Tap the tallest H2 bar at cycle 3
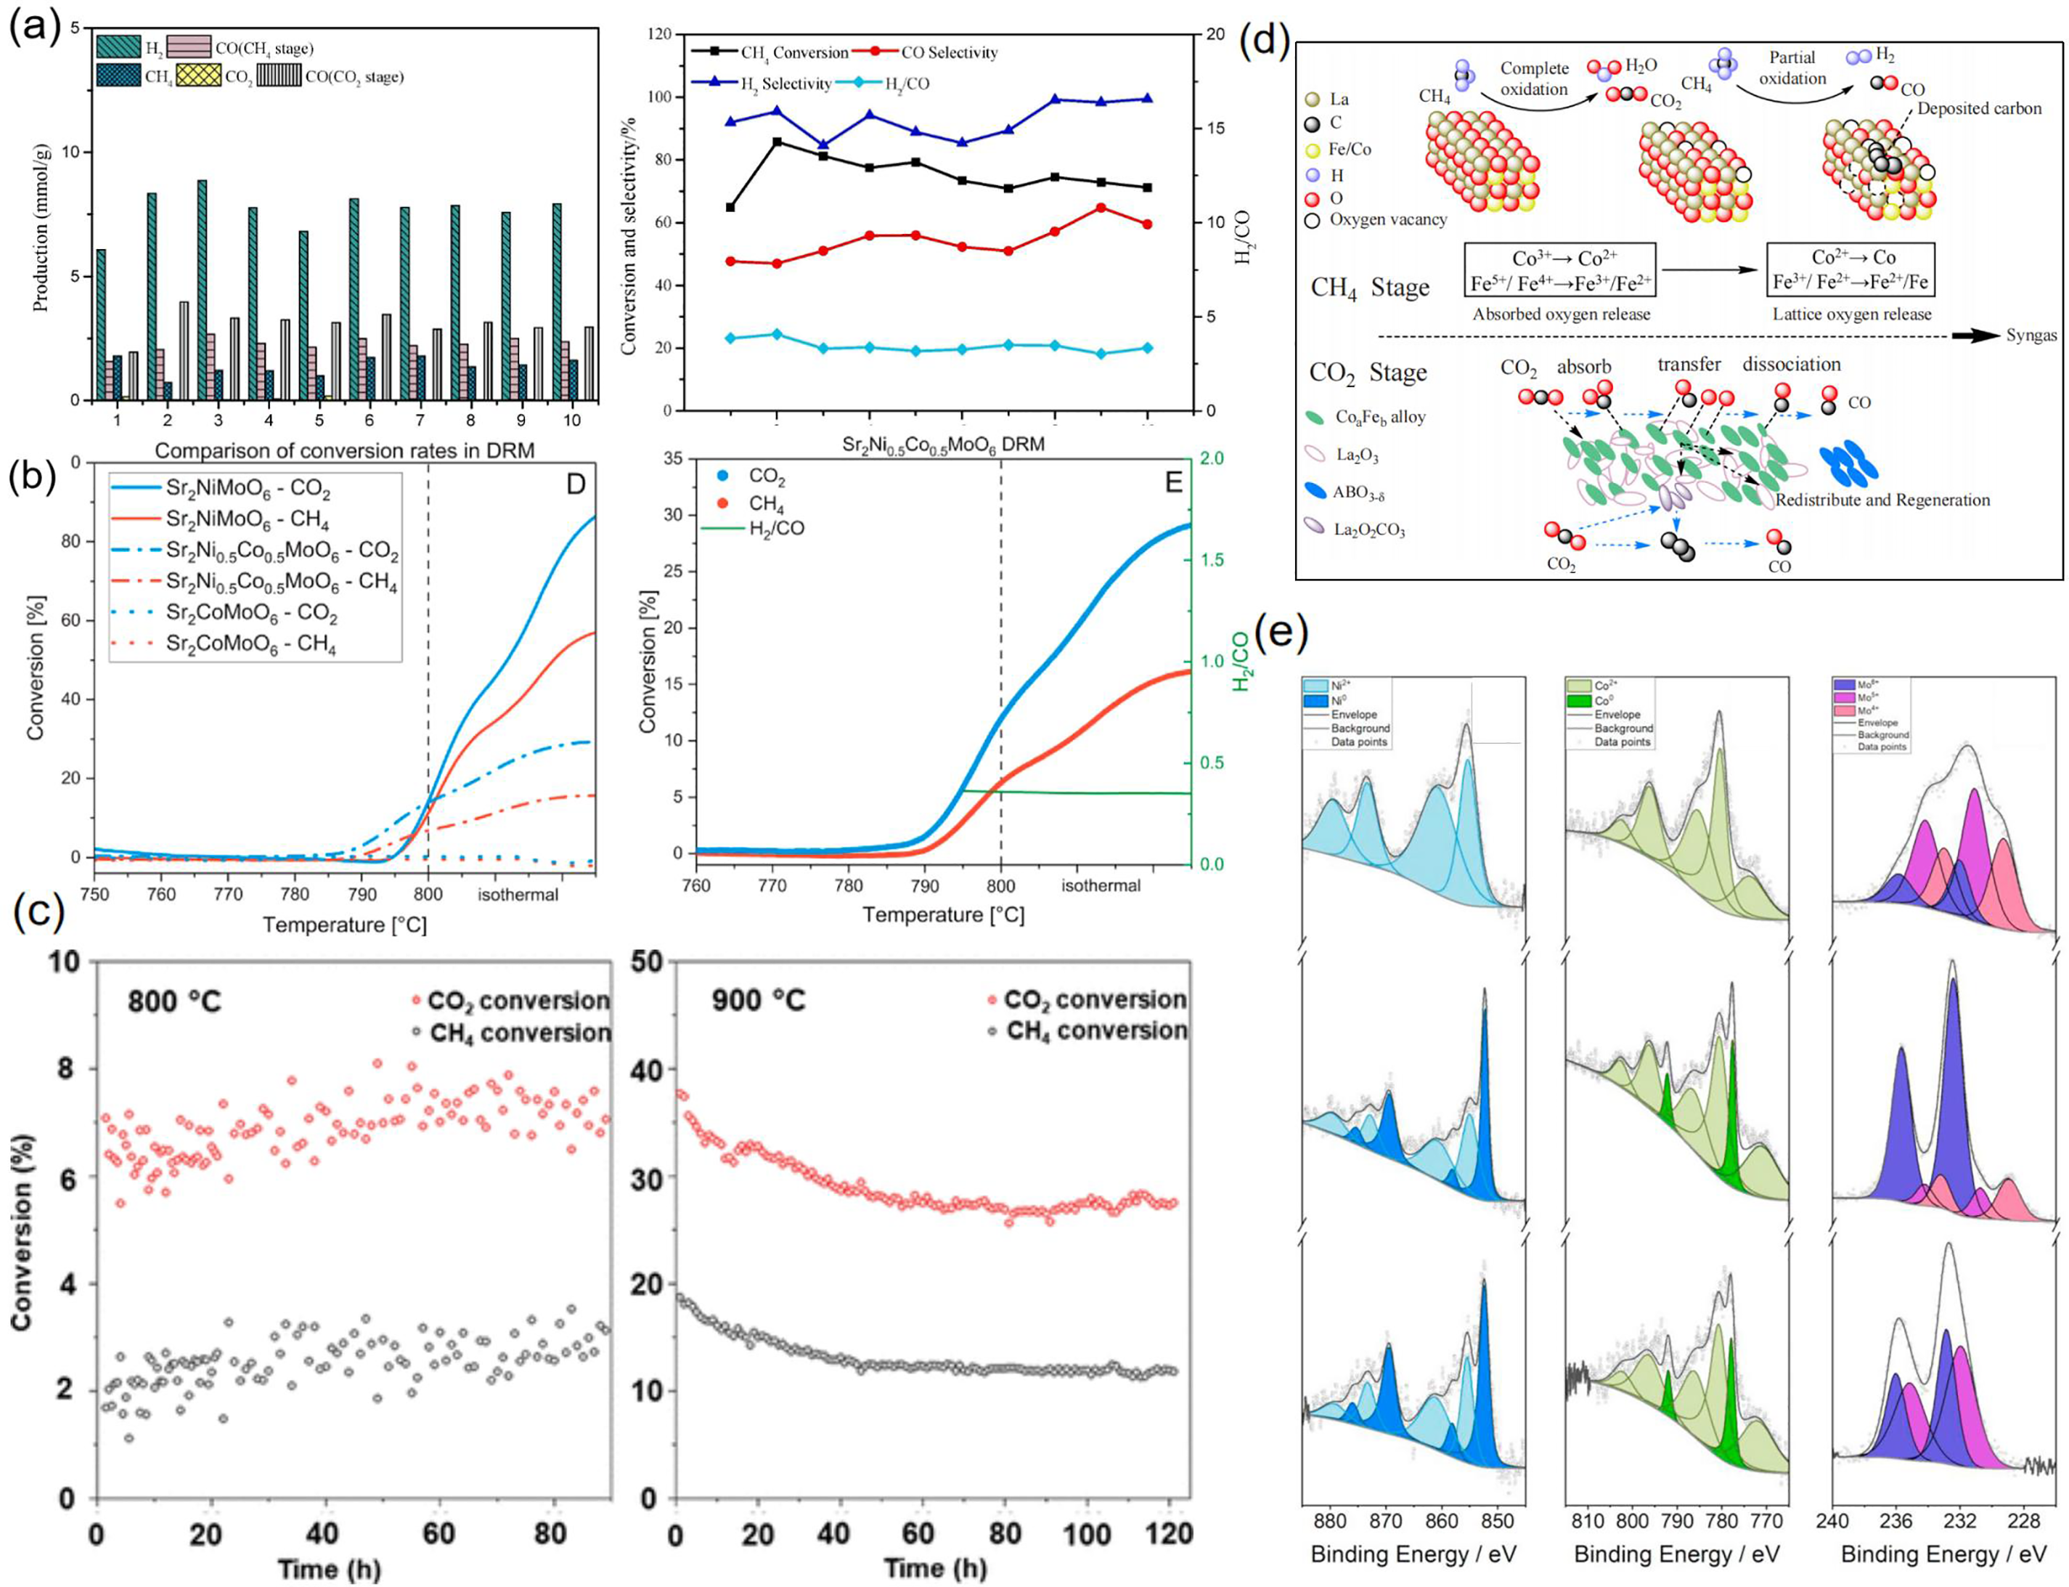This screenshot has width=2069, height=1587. (x=202, y=289)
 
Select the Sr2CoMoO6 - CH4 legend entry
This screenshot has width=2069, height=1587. (x=250, y=644)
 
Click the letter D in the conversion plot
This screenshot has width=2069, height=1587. (x=575, y=484)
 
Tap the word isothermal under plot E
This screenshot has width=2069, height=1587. (x=1100, y=885)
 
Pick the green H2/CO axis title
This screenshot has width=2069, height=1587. (x=1240, y=661)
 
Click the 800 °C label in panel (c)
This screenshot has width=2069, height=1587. (x=175, y=999)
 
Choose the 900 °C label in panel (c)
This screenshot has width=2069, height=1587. (x=759, y=999)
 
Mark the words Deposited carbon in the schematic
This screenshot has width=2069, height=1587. (x=1978, y=109)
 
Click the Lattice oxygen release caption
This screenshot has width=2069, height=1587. (x=1851, y=314)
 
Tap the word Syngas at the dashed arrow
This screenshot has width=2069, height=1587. (x=2031, y=336)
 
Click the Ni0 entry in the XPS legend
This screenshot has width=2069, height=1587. (x=1340, y=702)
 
